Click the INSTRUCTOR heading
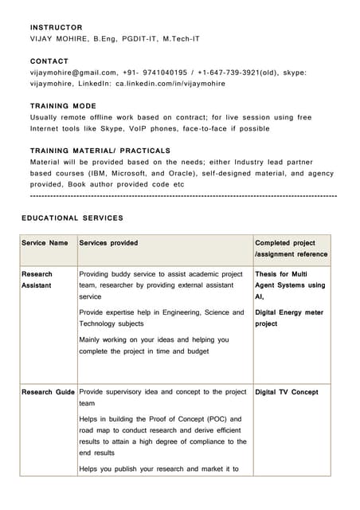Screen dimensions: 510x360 click(x=56, y=28)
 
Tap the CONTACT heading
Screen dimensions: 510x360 click(x=49, y=61)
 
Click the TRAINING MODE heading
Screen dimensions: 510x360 click(x=63, y=106)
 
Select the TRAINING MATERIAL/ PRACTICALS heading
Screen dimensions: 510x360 click(x=100, y=151)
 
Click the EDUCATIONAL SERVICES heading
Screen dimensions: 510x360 click(x=72, y=218)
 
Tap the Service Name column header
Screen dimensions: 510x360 click(x=45, y=243)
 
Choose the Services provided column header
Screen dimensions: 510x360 click(x=108, y=243)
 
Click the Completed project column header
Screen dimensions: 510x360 click(x=285, y=243)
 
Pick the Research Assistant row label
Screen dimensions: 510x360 click(x=37, y=279)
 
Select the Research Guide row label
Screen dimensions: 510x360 click(x=48, y=392)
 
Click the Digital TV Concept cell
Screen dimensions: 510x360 click(x=286, y=392)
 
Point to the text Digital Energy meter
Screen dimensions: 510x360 click(x=289, y=312)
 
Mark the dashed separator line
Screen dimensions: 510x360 click(x=183, y=196)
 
